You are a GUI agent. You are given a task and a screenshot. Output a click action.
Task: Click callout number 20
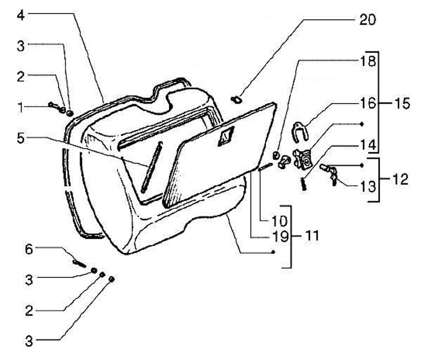click(x=367, y=20)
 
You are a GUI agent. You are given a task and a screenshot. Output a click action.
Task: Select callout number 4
click(x=21, y=15)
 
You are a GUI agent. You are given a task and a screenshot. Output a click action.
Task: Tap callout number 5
click(x=21, y=138)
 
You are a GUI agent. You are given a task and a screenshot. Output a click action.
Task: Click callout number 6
click(x=29, y=249)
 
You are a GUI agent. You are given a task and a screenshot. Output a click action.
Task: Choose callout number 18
click(x=368, y=61)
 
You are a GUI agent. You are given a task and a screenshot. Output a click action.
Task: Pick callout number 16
click(x=368, y=103)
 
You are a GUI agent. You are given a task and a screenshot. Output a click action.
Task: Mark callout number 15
click(x=402, y=104)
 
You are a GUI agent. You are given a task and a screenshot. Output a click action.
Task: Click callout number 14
click(x=368, y=145)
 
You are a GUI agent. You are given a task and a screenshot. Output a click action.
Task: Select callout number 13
click(x=368, y=186)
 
